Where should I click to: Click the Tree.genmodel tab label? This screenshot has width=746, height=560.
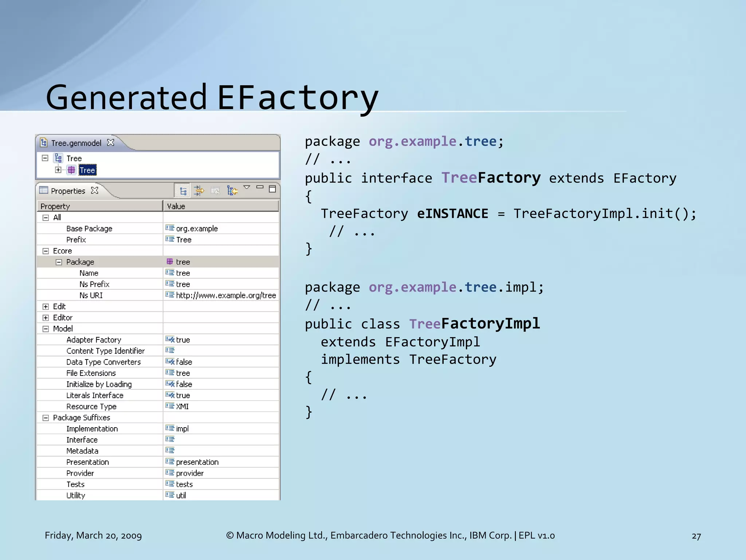coord(76,143)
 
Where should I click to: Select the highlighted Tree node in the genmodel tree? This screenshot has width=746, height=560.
coord(87,170)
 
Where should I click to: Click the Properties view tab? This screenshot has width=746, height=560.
coord(68,191)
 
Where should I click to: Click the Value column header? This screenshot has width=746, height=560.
coord(176,206)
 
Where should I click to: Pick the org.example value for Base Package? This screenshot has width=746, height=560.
coord(197,229)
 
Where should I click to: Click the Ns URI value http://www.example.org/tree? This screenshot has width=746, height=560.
coord(226,295)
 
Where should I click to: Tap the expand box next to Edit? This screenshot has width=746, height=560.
coord(46,307)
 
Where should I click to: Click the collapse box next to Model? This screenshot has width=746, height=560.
coord(46,329)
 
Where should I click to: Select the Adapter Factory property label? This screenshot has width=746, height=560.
coord(94,340)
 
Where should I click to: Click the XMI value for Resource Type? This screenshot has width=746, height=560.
coord(182,407)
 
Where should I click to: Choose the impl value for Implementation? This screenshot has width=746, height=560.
coord(182,429)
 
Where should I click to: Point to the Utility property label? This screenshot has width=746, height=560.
coord(76,495)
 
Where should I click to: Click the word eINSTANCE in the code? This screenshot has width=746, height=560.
coord(452,214)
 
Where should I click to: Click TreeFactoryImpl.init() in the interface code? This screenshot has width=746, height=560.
coord(605,214)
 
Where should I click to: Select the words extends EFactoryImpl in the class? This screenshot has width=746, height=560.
coord(400,342)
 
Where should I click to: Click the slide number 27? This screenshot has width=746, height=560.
coord(696,536)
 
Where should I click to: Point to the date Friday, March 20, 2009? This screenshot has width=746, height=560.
coord(93,536)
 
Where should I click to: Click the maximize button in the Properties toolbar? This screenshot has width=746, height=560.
coord(272,189)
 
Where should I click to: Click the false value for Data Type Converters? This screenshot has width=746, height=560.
coord(184,362)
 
